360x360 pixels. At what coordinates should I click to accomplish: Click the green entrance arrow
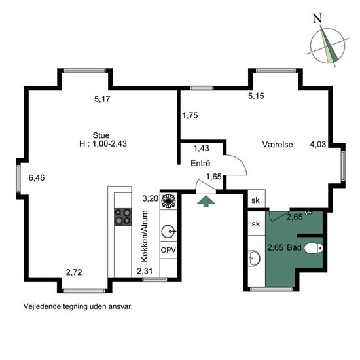point(206,202)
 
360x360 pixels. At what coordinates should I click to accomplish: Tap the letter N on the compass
point(317,18)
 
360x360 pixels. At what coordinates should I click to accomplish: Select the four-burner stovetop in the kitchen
point(123,217)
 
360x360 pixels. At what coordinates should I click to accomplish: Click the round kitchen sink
point(168,232)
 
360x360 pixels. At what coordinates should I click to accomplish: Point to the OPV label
point(168,250)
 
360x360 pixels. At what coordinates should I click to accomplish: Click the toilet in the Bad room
point(314,248)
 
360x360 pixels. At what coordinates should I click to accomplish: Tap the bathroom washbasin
point(254,259)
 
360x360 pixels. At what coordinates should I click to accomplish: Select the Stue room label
point(101,135)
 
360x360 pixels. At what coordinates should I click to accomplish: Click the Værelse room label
point(278,145)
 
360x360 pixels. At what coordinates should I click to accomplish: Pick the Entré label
point(200,163)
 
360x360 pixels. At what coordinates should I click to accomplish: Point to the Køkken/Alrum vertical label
point(145,236)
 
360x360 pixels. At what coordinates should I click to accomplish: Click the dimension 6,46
point(37,177)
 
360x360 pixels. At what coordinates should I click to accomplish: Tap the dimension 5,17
point(102,99)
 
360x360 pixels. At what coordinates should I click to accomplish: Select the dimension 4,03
point(317,144)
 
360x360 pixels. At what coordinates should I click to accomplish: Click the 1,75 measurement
point(190,115)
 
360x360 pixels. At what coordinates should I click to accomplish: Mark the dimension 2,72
point(74,272)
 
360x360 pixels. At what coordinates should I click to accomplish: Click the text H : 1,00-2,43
point(103,144)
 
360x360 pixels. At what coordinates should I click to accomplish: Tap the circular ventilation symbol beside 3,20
point(168,201)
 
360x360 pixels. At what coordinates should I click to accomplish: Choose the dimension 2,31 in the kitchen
point(145,271)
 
